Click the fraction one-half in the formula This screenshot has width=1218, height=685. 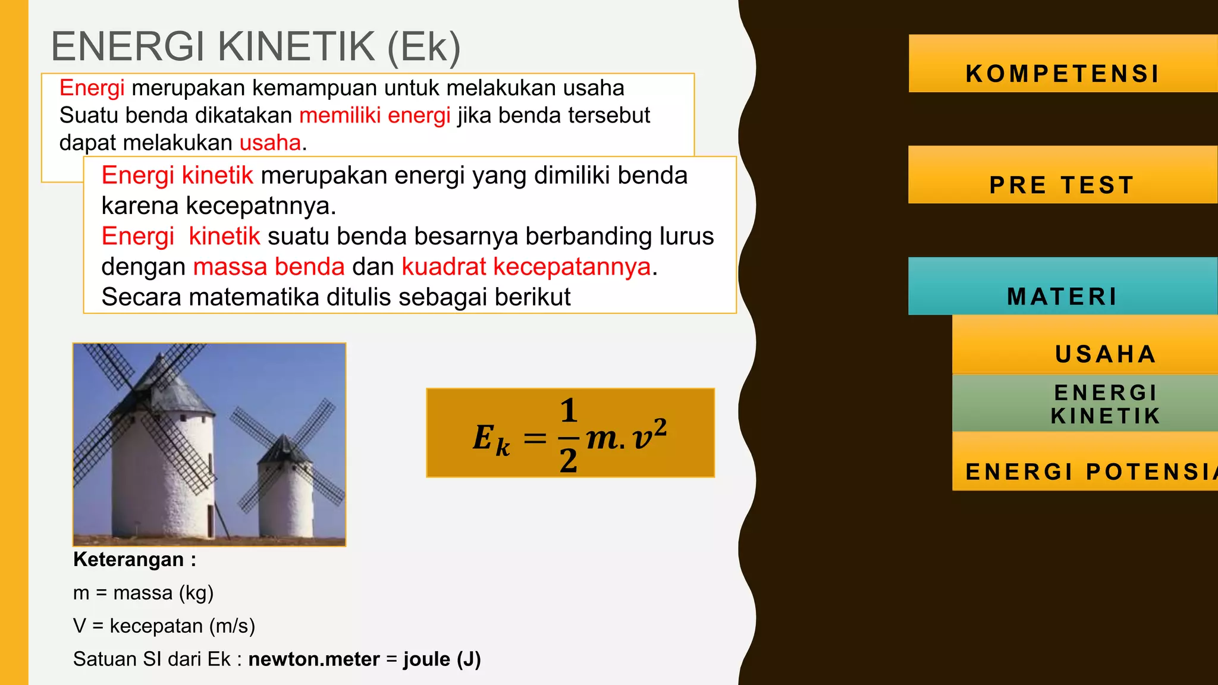tap(569, 436)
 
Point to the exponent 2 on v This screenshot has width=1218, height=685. tap(660, 426)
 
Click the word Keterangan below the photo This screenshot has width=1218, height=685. tap(128, 560)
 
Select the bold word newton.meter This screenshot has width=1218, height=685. tap(314, 659)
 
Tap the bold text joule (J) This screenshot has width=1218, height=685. tap(442, 659)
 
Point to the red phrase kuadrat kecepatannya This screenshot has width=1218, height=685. tap(526, 267)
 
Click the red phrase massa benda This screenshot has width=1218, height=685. tap(269, 267)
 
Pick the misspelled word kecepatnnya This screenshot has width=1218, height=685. tap(261, 206)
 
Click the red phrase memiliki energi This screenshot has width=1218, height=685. tap(375, 115)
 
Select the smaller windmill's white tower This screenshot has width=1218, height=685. tap(285, 499)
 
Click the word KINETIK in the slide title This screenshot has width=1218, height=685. tap(297, 47)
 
